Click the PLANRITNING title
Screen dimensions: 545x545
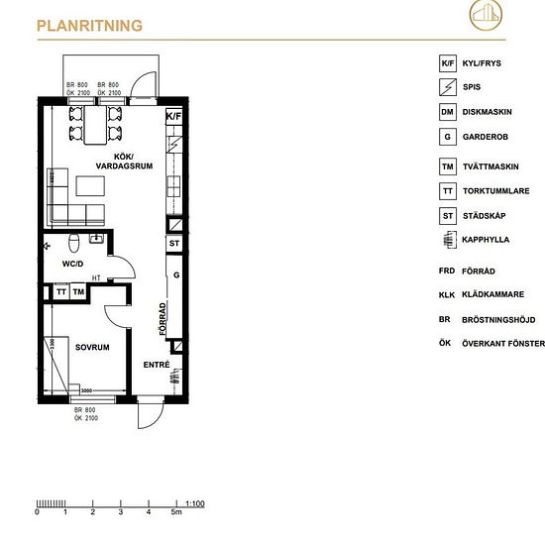[x=89, y=26]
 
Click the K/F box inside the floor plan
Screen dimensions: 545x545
[x=174, y=116]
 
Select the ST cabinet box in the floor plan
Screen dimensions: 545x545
[x=174, y=243]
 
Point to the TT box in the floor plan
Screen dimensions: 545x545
[x=60, y=292]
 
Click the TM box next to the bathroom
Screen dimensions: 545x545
[x=78, y=292]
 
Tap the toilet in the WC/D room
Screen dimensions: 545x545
[x=76, y=244]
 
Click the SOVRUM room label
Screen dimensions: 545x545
[x=91, y=348]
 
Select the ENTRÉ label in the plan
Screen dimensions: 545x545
[x=157, y=365]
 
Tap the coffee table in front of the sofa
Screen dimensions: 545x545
[x=90, y=185]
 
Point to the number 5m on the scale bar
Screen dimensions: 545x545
[x=176, y=513]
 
